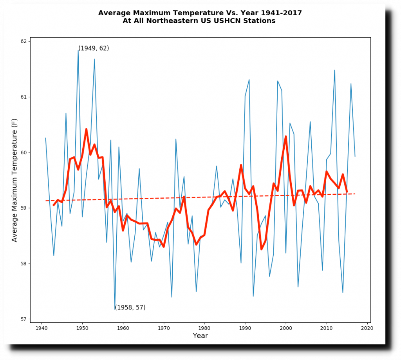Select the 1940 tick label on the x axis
click(42, 328)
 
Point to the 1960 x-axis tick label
click(123, 328)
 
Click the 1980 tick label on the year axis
click(204, 328)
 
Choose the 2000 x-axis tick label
click(286, 328)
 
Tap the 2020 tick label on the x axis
click(367, 328)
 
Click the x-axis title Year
click(200, 336)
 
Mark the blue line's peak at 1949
click(78, 50)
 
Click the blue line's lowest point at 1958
click(115, 309)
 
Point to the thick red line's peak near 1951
click(86, 129)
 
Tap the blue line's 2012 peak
click(334, 70)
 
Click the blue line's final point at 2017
click(355, 156)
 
